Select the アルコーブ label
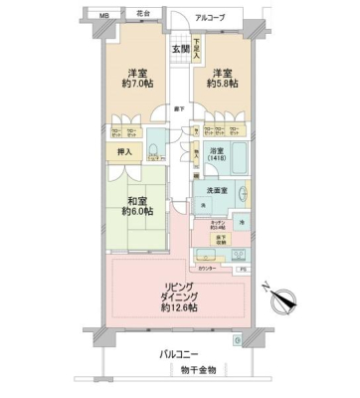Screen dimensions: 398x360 click(x=210, y=18)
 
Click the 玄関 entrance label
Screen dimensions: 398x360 click(x=179, y=49)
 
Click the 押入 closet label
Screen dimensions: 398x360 click(x=116, y=152)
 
